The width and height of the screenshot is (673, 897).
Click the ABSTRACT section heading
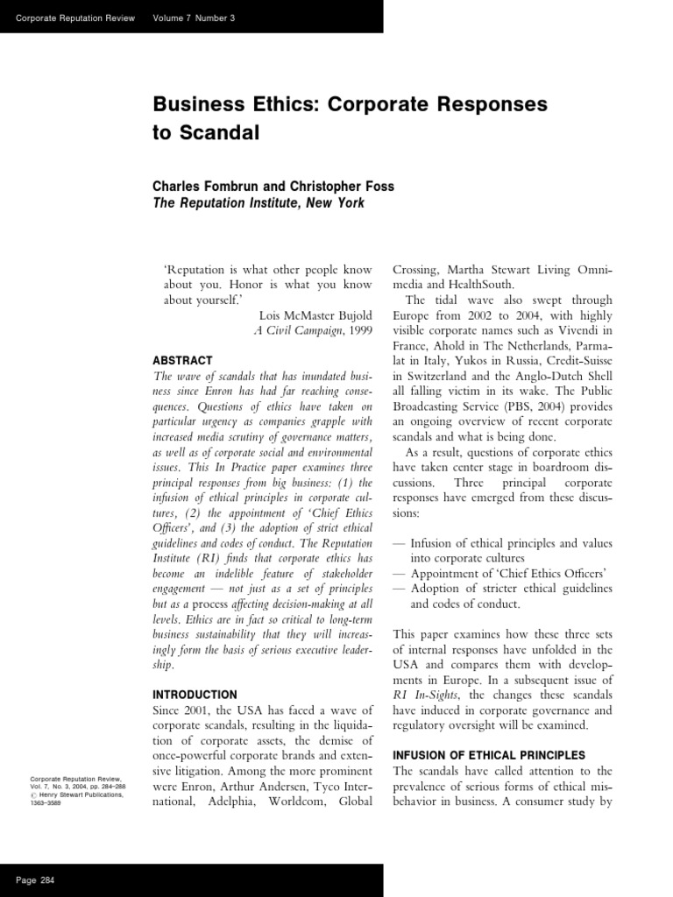tap(183, 360)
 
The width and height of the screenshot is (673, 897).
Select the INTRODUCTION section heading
tap(195, 695)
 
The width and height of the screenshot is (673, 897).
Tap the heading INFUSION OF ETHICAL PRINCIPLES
tap(488, 755)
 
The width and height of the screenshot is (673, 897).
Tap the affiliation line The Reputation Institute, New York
tap(259, 203)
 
